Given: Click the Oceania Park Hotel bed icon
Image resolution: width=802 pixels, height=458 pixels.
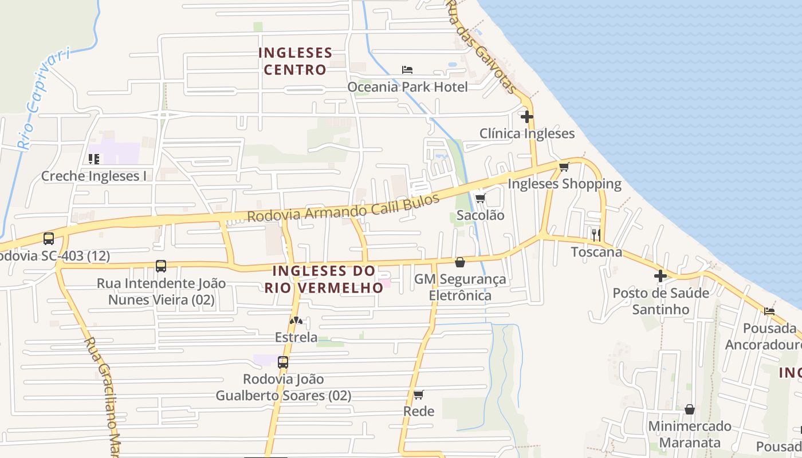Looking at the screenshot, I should point(407,70).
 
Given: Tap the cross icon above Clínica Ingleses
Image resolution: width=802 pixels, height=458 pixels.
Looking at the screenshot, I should point(526,117).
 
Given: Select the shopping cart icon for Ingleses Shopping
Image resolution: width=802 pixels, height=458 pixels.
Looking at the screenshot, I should point(564,167).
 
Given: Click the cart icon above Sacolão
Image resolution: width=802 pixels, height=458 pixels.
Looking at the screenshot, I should point(480,199).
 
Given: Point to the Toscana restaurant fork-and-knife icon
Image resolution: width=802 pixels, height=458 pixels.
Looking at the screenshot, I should point(596,235).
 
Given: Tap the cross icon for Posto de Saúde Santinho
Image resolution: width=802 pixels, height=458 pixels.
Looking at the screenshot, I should point(661,276).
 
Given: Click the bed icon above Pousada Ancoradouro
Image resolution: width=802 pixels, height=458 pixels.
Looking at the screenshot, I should point(769,311).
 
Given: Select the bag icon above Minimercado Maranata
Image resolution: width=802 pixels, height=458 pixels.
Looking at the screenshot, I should point(690,409).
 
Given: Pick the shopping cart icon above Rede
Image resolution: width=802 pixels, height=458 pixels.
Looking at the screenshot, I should point(419,394).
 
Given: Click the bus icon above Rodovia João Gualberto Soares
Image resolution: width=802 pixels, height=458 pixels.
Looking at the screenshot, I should point(283,362).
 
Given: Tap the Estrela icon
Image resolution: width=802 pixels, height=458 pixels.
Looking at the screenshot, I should point(296,321).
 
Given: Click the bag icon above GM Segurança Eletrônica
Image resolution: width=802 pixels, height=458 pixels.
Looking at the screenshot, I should point(460,262).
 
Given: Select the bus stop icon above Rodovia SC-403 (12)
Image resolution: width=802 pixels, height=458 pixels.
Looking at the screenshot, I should point(49,238).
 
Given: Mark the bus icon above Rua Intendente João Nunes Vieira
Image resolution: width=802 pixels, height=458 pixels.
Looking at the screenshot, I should point(161,266).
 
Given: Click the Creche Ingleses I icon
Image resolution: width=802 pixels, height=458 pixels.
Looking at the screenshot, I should point(94,159).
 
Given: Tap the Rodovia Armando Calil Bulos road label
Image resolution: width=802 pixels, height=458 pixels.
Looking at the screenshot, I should point(343,208).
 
